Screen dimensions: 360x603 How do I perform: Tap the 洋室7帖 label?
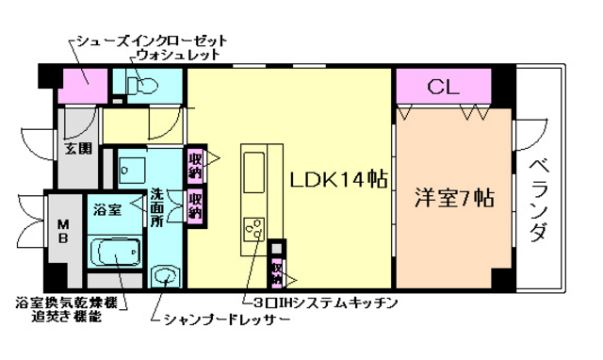(454, 199)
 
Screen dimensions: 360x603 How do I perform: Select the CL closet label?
(442, 88)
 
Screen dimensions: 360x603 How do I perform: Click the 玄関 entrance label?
(77, 148)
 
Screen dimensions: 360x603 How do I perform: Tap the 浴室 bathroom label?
(106, 210)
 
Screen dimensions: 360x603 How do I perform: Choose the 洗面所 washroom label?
(158, 207)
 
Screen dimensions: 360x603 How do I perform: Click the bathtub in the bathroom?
(115, 254)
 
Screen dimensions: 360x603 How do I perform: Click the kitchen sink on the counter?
(255, 172)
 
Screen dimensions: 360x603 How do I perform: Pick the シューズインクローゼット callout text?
(150, 41)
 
